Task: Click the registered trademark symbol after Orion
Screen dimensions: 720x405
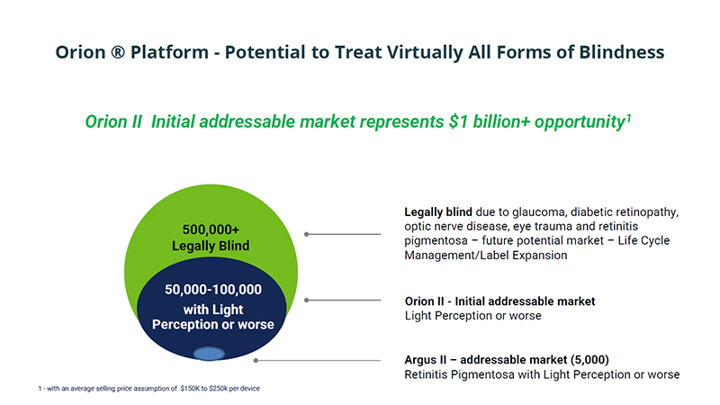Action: (118, 52)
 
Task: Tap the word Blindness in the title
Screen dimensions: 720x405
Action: (622, 52)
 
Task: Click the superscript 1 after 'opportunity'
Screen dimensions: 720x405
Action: (628, 117)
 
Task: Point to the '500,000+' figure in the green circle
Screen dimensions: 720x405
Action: (211, 229)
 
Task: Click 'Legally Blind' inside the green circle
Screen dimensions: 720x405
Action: (211, 246)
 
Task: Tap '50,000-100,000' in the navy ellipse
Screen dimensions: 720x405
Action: (213, 289)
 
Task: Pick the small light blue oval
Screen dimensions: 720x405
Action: (209, 354)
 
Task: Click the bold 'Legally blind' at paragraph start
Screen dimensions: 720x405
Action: (438, 212)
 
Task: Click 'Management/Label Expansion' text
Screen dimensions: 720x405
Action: (486, 256)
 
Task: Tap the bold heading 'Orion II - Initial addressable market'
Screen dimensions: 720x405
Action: (500, 301)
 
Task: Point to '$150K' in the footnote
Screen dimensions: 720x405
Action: (190, 389)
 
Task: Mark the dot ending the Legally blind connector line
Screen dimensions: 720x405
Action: (306, 234)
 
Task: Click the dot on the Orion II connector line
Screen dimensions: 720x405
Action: (306, 301)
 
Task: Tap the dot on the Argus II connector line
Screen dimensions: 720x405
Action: (256, 361)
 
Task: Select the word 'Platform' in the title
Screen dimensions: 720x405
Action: (169, 52)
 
